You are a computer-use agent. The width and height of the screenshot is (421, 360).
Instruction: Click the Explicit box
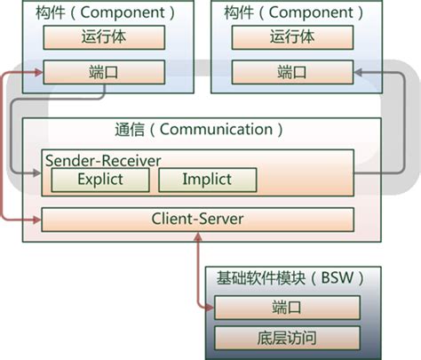100,180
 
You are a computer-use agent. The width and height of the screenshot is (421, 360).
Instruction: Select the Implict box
207,180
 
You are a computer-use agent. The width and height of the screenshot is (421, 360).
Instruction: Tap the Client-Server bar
198,218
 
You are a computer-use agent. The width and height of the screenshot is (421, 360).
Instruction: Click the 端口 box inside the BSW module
285,308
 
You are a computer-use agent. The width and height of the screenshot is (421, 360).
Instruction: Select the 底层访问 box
285,338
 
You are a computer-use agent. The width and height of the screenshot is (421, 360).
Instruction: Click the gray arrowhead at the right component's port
357,73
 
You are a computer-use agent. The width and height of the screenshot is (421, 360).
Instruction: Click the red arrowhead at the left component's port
36,73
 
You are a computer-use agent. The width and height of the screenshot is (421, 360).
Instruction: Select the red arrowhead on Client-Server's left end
36,218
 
